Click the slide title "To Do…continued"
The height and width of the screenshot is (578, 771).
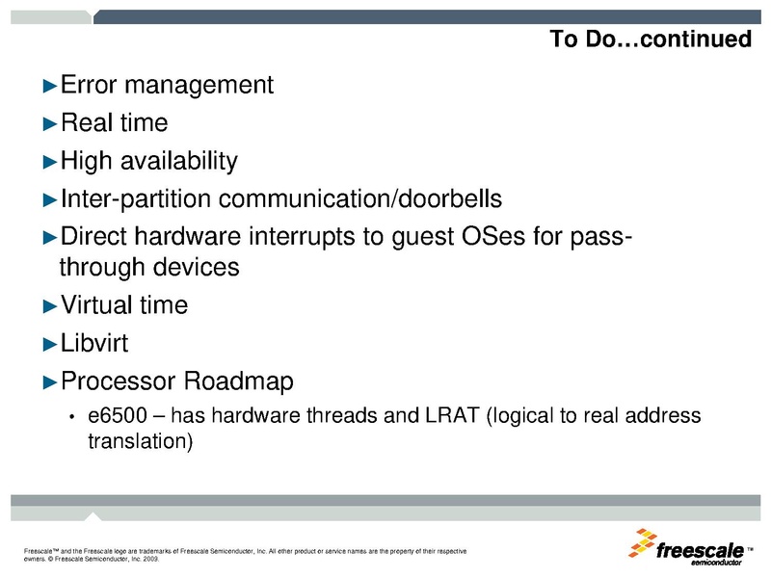650,39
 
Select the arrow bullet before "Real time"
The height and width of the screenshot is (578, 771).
51,123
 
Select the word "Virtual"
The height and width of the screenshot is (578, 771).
99,305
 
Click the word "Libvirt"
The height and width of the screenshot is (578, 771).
94,343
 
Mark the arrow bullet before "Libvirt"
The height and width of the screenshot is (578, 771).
51,344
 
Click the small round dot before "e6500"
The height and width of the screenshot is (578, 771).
70,417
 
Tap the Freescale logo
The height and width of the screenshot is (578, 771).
690,547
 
